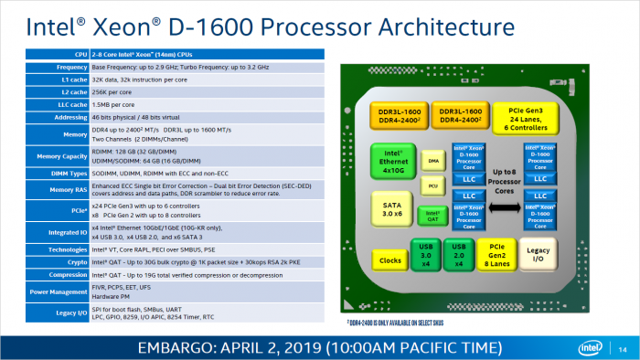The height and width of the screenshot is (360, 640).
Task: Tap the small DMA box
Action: (433, 161)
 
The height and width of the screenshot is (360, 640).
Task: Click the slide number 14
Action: (623, 347)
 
